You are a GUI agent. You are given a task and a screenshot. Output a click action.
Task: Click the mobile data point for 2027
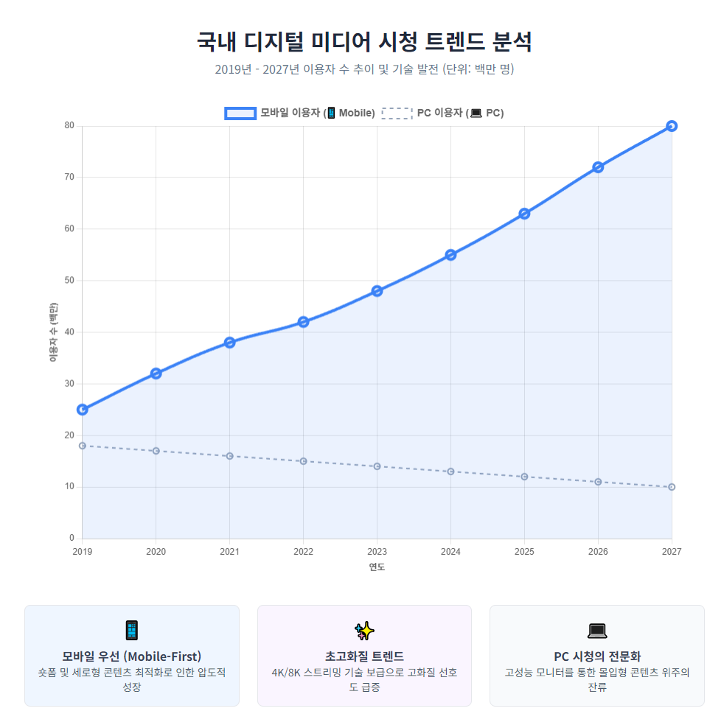click(671, 126)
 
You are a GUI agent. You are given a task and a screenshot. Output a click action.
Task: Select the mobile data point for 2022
click(303, 322)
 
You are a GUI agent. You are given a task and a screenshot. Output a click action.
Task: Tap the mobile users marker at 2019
click(83, 410)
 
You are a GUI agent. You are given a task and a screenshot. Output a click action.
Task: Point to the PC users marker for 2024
click(450, 472)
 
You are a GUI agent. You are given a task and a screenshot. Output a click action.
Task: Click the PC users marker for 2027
click(671, 487)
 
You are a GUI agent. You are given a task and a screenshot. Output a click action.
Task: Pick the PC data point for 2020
click(156, 451)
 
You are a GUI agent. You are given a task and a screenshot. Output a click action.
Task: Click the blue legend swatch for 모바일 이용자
click(240, 113)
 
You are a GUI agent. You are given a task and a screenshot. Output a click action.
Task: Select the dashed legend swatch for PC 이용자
click(397, 113)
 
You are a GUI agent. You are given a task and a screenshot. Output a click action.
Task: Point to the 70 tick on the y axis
click(69, 178)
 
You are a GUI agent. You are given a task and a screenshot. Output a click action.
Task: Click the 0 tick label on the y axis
click(72, 539)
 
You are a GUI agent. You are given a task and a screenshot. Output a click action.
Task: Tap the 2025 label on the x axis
click(524, 552)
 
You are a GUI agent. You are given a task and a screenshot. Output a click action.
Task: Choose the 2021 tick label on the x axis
click(229, 552)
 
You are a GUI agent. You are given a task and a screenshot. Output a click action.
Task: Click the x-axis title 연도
click(377, 567)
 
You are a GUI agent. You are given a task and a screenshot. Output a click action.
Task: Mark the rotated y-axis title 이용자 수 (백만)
click(53, 332)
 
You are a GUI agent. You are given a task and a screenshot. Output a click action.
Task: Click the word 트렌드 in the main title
click(450, 41)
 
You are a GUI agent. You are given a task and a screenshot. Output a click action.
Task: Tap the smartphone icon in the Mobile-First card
click(132, 630)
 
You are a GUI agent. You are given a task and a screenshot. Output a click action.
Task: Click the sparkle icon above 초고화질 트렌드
click(364, 630)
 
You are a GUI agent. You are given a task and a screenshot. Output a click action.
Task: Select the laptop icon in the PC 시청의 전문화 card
click(596, 631)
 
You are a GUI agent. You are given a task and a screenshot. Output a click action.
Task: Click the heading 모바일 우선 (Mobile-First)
click(132, 656)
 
